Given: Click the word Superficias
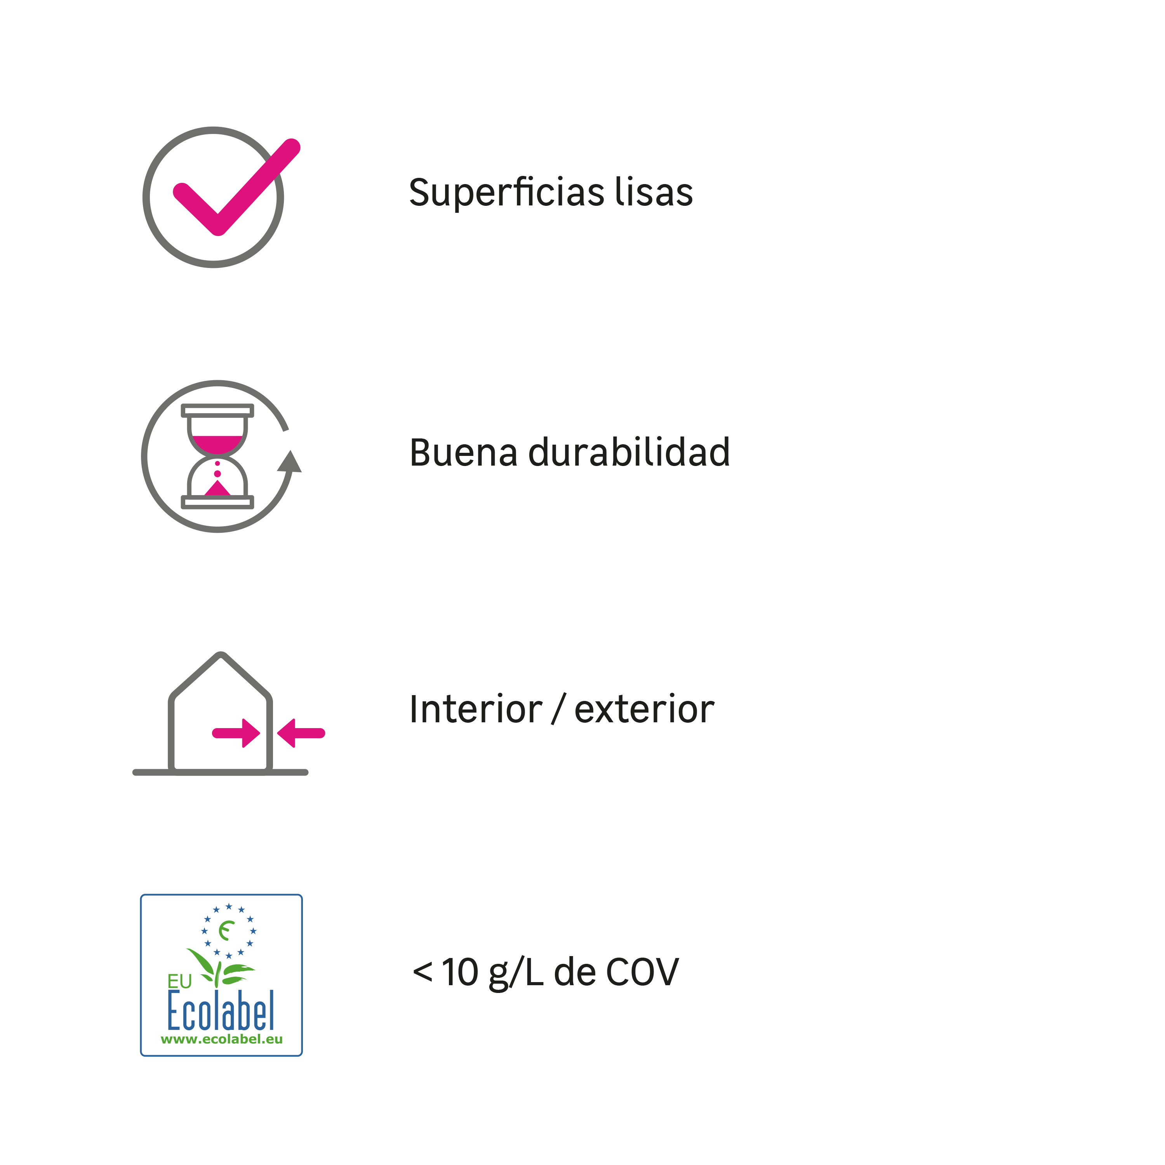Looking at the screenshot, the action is point(506,193).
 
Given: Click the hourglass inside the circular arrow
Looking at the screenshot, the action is point(218,456).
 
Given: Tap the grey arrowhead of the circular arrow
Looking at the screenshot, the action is point(290,461).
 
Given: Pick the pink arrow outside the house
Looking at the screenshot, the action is point(301,733).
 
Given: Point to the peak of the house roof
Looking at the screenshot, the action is point(221,654).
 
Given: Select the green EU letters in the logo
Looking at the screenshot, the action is point(179,982).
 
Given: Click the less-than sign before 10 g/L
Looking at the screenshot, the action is point(422,973).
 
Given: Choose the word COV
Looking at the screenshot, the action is point(642,973).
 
